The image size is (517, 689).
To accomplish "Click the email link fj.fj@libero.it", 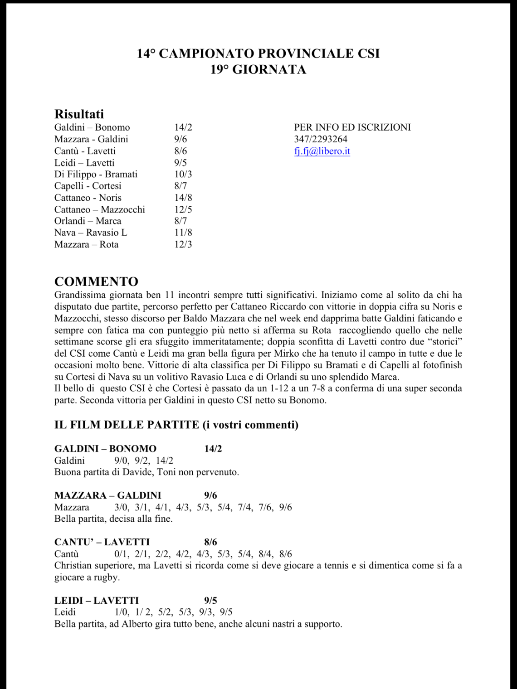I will click(322, 151).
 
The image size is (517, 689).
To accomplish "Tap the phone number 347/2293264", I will click(321, 139).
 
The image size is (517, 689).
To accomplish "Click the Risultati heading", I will click(79, 114).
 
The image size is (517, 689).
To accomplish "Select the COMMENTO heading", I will click(96, 281).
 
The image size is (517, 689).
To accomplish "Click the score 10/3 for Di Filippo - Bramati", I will click(183, 175).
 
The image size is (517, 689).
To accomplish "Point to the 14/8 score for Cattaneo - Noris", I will click(183, 198).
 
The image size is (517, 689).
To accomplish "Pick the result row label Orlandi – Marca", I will click(88, 221).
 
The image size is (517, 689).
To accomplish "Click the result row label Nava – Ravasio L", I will click(91, 233).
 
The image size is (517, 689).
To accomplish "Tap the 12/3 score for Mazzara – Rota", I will click(183, 245).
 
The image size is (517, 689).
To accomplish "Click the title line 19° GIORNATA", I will click(258, 70).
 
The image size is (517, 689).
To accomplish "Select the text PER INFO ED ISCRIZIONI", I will click(352, 127).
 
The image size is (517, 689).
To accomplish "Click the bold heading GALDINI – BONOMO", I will click(105, 449).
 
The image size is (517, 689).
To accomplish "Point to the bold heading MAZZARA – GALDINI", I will click(107, 495).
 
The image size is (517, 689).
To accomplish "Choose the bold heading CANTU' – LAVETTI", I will click(102, 542).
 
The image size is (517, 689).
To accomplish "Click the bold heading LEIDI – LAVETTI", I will click(97, 601).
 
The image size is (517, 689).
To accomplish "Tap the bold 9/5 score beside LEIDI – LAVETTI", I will click(210, 601).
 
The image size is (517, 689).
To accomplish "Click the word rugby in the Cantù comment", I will click(106, 577).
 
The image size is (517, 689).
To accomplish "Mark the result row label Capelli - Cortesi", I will click(88, 186).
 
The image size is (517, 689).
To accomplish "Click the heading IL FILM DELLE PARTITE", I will click(127, 425).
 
